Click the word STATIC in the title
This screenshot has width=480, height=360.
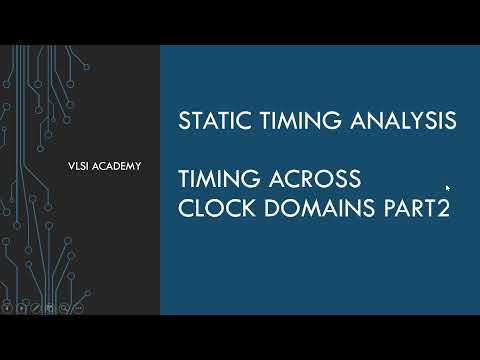(208, 121)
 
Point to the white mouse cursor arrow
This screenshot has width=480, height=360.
(448, 187)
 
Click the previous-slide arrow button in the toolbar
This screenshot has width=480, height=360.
(8, 307)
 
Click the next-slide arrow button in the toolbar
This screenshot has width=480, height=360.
(22, 307)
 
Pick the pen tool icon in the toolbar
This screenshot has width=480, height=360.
(36, 307)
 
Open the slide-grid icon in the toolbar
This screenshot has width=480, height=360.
(50, 307)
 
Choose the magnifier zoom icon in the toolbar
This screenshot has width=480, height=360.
(64, 307)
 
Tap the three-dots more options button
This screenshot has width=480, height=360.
(78, 307)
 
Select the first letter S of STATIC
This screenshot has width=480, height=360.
(184, 121)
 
